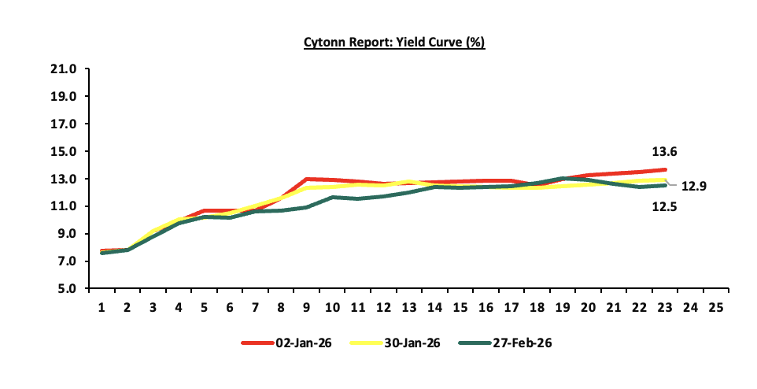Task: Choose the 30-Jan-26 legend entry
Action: click(x=397, y=343)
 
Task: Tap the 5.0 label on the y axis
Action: click(x=67, y=289)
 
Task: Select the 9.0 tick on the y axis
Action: click(x=67, y=234)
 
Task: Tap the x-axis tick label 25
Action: click(x=716, y=306)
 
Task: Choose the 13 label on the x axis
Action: click(x=410, y=306)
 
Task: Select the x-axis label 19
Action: click(x=563, y=306)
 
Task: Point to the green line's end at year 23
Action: click(x=666, y=185)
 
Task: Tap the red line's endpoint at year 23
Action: click(x=666, y=169)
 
